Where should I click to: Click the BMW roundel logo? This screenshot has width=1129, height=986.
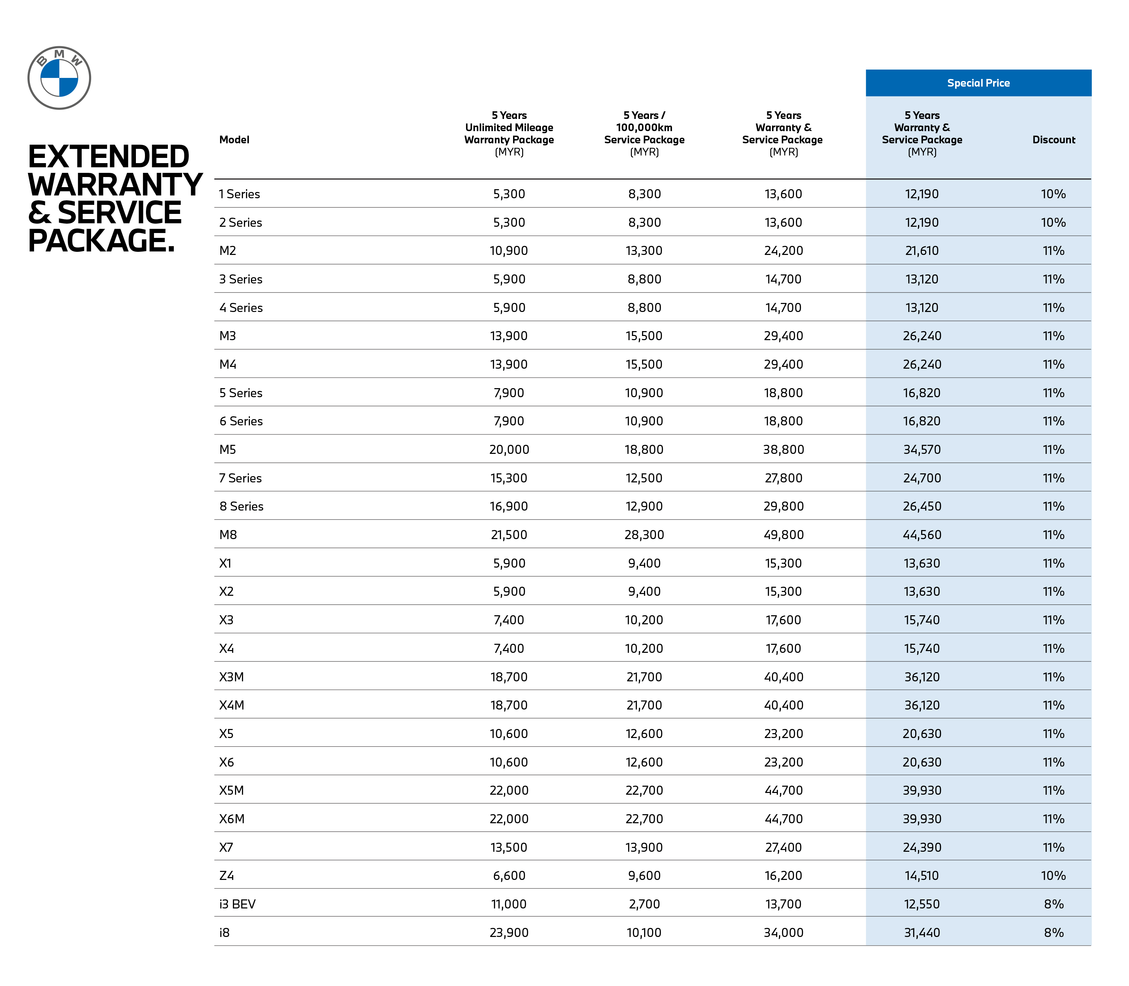[x=59, y=78]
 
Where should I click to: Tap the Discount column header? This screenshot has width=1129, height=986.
[x=1053, y=140]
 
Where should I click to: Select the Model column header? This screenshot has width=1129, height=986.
[x=234, y=140]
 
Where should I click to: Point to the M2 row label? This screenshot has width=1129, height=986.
[x=228, y=251]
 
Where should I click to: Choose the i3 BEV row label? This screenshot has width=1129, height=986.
[x=237, y=904]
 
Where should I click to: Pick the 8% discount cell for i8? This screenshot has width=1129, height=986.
[x=1053, y=933]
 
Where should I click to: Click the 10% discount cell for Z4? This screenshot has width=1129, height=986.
[x=1053, y=875]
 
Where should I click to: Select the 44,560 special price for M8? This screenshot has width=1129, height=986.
[x=922, y=535]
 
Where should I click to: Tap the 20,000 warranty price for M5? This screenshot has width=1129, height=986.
[x=509, y=450]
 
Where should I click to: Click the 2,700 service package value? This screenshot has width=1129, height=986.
[x=644, y=904]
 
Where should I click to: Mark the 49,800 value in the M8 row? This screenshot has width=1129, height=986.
[x=783, y=535]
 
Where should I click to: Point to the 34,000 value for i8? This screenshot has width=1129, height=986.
[x=783, y=933]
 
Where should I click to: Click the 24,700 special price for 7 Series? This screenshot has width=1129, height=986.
[x=922, y=478]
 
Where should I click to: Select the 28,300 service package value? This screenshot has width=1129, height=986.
[x=644, y=535]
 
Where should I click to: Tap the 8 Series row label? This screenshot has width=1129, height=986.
[x=242, y=506]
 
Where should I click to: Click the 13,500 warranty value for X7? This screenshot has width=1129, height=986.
[x=509, y=847]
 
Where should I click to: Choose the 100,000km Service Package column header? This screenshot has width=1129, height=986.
[x=644, y=134]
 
